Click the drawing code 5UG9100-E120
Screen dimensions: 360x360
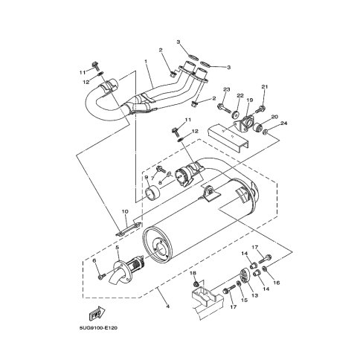98,328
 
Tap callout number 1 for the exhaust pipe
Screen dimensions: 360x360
146,61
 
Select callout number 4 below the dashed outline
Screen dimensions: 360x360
168,306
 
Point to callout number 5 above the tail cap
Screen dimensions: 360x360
118,247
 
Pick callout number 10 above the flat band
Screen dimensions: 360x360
125,212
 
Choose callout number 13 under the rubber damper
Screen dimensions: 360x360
255,295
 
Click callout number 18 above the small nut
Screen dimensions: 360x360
193,273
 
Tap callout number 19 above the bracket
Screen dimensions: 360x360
250,100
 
